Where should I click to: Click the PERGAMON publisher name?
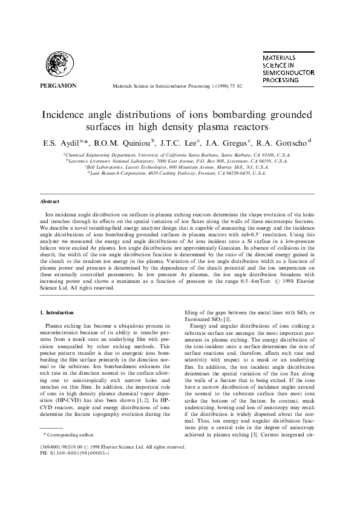click(x=57, y=85)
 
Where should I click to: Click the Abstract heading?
click(x=49, y=201)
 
